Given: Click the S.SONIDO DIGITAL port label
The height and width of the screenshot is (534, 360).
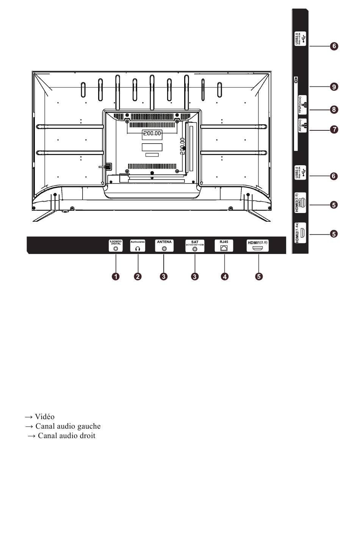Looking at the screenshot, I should (116, 243).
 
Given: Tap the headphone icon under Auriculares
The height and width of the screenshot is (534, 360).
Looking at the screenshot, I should (138, 249).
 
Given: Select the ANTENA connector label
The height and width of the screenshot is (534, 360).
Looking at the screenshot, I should (164, 242).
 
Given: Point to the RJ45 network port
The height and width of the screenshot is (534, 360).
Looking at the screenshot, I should (224, 248).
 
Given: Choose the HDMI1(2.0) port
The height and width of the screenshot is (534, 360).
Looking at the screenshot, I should (258, 249).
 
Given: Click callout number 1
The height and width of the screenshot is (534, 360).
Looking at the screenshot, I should (116, 276).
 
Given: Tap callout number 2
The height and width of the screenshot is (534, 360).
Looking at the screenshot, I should (138, 276).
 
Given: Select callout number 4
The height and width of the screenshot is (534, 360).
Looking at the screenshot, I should (225, 276).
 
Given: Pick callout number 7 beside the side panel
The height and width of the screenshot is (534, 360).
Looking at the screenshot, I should (334, 130).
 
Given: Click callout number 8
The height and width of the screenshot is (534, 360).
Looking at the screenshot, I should (334, 110).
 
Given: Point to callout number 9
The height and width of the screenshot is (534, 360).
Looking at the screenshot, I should (334, 87).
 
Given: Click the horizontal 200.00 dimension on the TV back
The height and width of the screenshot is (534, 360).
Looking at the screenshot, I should (152, 133).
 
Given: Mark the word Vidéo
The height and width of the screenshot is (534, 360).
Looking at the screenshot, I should (44, 417).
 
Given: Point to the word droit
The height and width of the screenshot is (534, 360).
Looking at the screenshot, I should (88, 436).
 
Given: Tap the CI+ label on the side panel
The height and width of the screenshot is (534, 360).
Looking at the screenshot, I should (296, 80).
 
